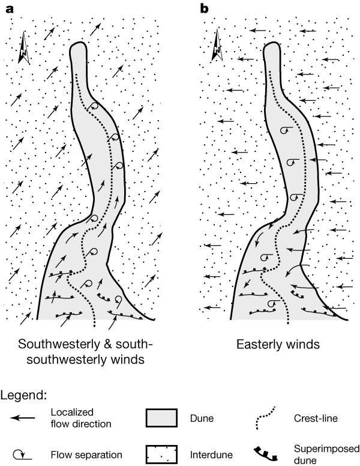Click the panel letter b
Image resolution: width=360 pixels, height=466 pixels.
[x=204, y=8]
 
